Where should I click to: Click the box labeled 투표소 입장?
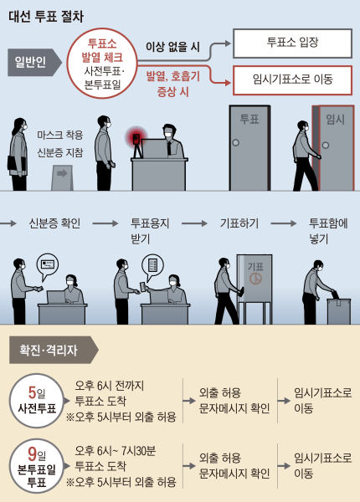[291, 44]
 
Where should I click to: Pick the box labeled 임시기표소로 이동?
[291, 80]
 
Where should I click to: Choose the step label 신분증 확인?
[53, 224]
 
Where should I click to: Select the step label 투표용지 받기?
[150, 231]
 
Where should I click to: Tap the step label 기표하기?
[238, 224]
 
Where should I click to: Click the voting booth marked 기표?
[254, 284]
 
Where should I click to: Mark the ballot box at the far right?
[337, 311]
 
